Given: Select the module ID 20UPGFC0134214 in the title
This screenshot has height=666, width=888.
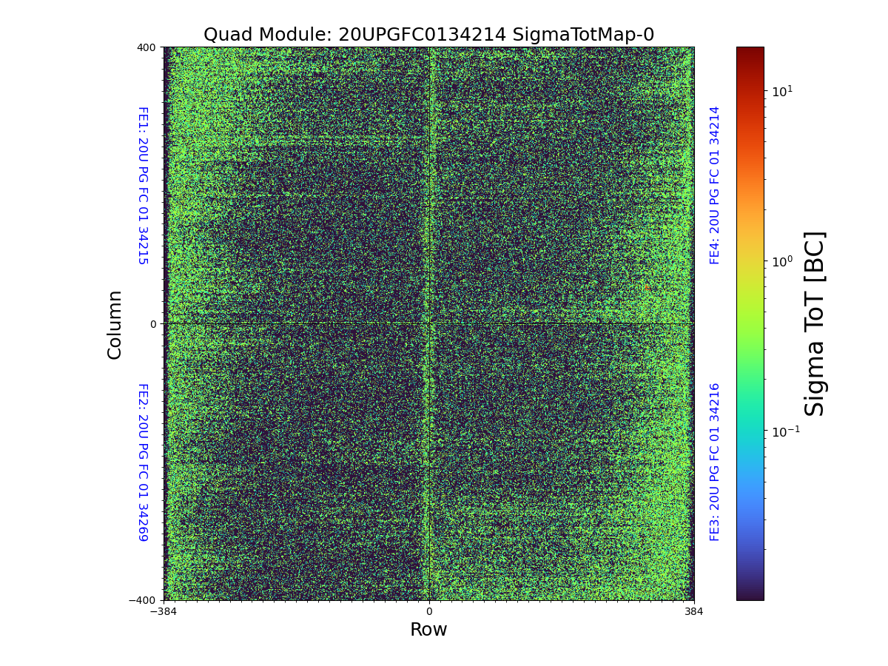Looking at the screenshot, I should coord(422,35).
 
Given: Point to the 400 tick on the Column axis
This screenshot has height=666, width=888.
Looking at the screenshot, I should coord(147,47).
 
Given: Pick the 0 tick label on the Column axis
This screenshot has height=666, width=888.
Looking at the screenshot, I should coord(153,324).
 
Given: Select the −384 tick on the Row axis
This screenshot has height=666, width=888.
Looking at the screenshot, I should coord(164,612).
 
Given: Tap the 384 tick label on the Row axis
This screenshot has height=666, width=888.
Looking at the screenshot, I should coord(693,612).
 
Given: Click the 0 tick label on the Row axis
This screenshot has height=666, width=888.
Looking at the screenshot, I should coord(428,612).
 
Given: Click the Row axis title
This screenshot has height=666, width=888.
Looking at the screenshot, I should coord(428,630).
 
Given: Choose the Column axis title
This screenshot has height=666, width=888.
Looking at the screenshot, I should coord(115,324).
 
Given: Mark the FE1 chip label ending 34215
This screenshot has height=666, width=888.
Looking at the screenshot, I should coord(143,186).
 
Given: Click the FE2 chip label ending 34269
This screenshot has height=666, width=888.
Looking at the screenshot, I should coord(143,462).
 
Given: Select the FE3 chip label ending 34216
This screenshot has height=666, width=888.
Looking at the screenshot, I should coord(715,462).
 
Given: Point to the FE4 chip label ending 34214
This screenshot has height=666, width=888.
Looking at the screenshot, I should coord(715,185).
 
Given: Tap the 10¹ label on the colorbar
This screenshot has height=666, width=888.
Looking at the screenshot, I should coord(782,91).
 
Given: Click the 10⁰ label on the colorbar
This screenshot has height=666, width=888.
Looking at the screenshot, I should coord(782,260).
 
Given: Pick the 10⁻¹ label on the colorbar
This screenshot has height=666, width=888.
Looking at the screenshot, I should coord(784,431).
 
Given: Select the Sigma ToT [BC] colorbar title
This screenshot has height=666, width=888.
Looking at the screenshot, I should coord(815,323).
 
